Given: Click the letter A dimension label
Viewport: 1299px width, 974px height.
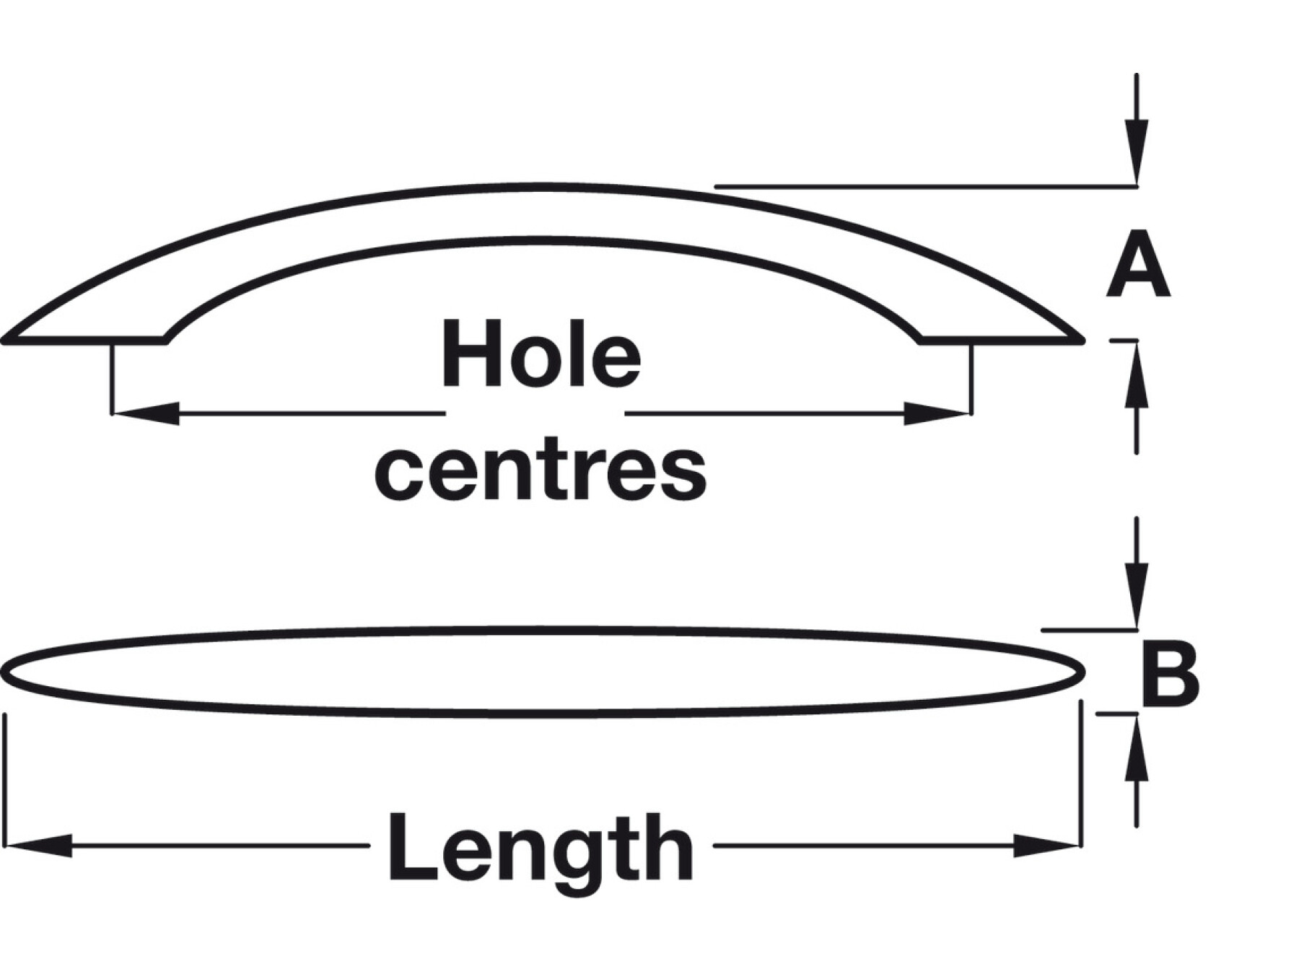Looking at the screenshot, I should pos(1138,266).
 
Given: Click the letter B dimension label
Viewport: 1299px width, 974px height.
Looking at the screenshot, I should pos(1169,676).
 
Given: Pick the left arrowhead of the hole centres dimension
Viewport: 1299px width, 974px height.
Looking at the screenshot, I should pos(144,413).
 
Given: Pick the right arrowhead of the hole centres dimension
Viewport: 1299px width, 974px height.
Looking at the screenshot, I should pos(937,413).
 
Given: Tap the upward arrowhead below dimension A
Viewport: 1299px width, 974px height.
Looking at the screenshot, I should pos(1137,375).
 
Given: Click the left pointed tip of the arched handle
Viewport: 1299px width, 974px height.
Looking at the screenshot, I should pos(6,339).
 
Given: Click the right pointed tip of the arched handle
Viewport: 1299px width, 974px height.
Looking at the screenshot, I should pos(1081,338).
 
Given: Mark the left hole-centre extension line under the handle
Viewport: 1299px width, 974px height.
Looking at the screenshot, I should pos(112,379).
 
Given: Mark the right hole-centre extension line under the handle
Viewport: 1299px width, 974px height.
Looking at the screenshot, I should pos(971,379).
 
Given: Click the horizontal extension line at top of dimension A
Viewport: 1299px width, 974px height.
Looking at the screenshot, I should pos(924,187).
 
